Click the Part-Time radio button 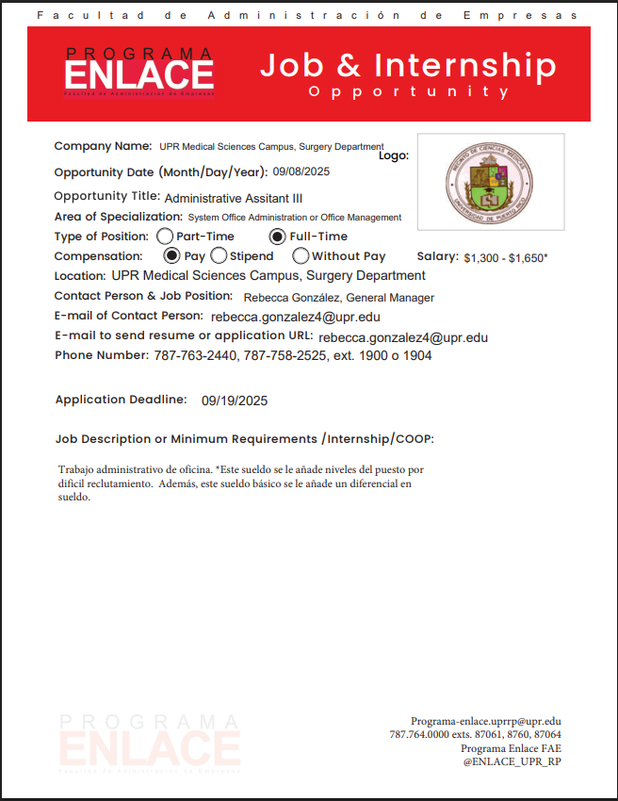(165, 237)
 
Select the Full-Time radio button (278, 237)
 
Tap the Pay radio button (171, 255)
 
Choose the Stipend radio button (219, 255)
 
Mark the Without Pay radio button (301, 255)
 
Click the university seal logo (490, 182)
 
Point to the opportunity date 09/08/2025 (301, 172)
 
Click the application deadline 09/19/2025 (235, 400)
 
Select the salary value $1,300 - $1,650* (506, 257)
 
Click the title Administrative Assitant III (234, 199)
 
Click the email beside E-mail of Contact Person (296, 318)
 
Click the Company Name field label (103, 146)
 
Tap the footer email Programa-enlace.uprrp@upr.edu (485, 721)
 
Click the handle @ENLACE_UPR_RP (512, 760)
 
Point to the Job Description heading (244, 439)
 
